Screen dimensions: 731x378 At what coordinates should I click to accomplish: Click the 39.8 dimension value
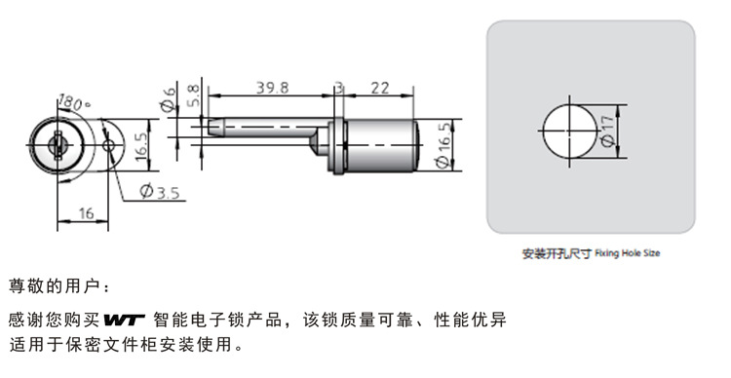coord(272,87)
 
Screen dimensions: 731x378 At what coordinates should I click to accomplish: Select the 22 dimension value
coord(380,88)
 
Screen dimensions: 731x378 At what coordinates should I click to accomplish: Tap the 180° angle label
coord(74,103)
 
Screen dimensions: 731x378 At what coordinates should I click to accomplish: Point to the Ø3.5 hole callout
coord(160,191)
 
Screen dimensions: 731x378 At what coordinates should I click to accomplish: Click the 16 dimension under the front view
coord(86,213)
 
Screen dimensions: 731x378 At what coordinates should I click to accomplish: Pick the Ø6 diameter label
coord(169,98)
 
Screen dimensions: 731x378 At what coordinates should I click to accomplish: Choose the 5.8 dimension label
coord(193,95)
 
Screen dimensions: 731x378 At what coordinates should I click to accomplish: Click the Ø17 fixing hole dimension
coord(608,132)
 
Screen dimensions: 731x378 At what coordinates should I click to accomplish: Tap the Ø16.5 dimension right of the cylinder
coord(443,144)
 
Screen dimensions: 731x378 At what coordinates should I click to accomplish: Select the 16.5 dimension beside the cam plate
coord(141,146)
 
